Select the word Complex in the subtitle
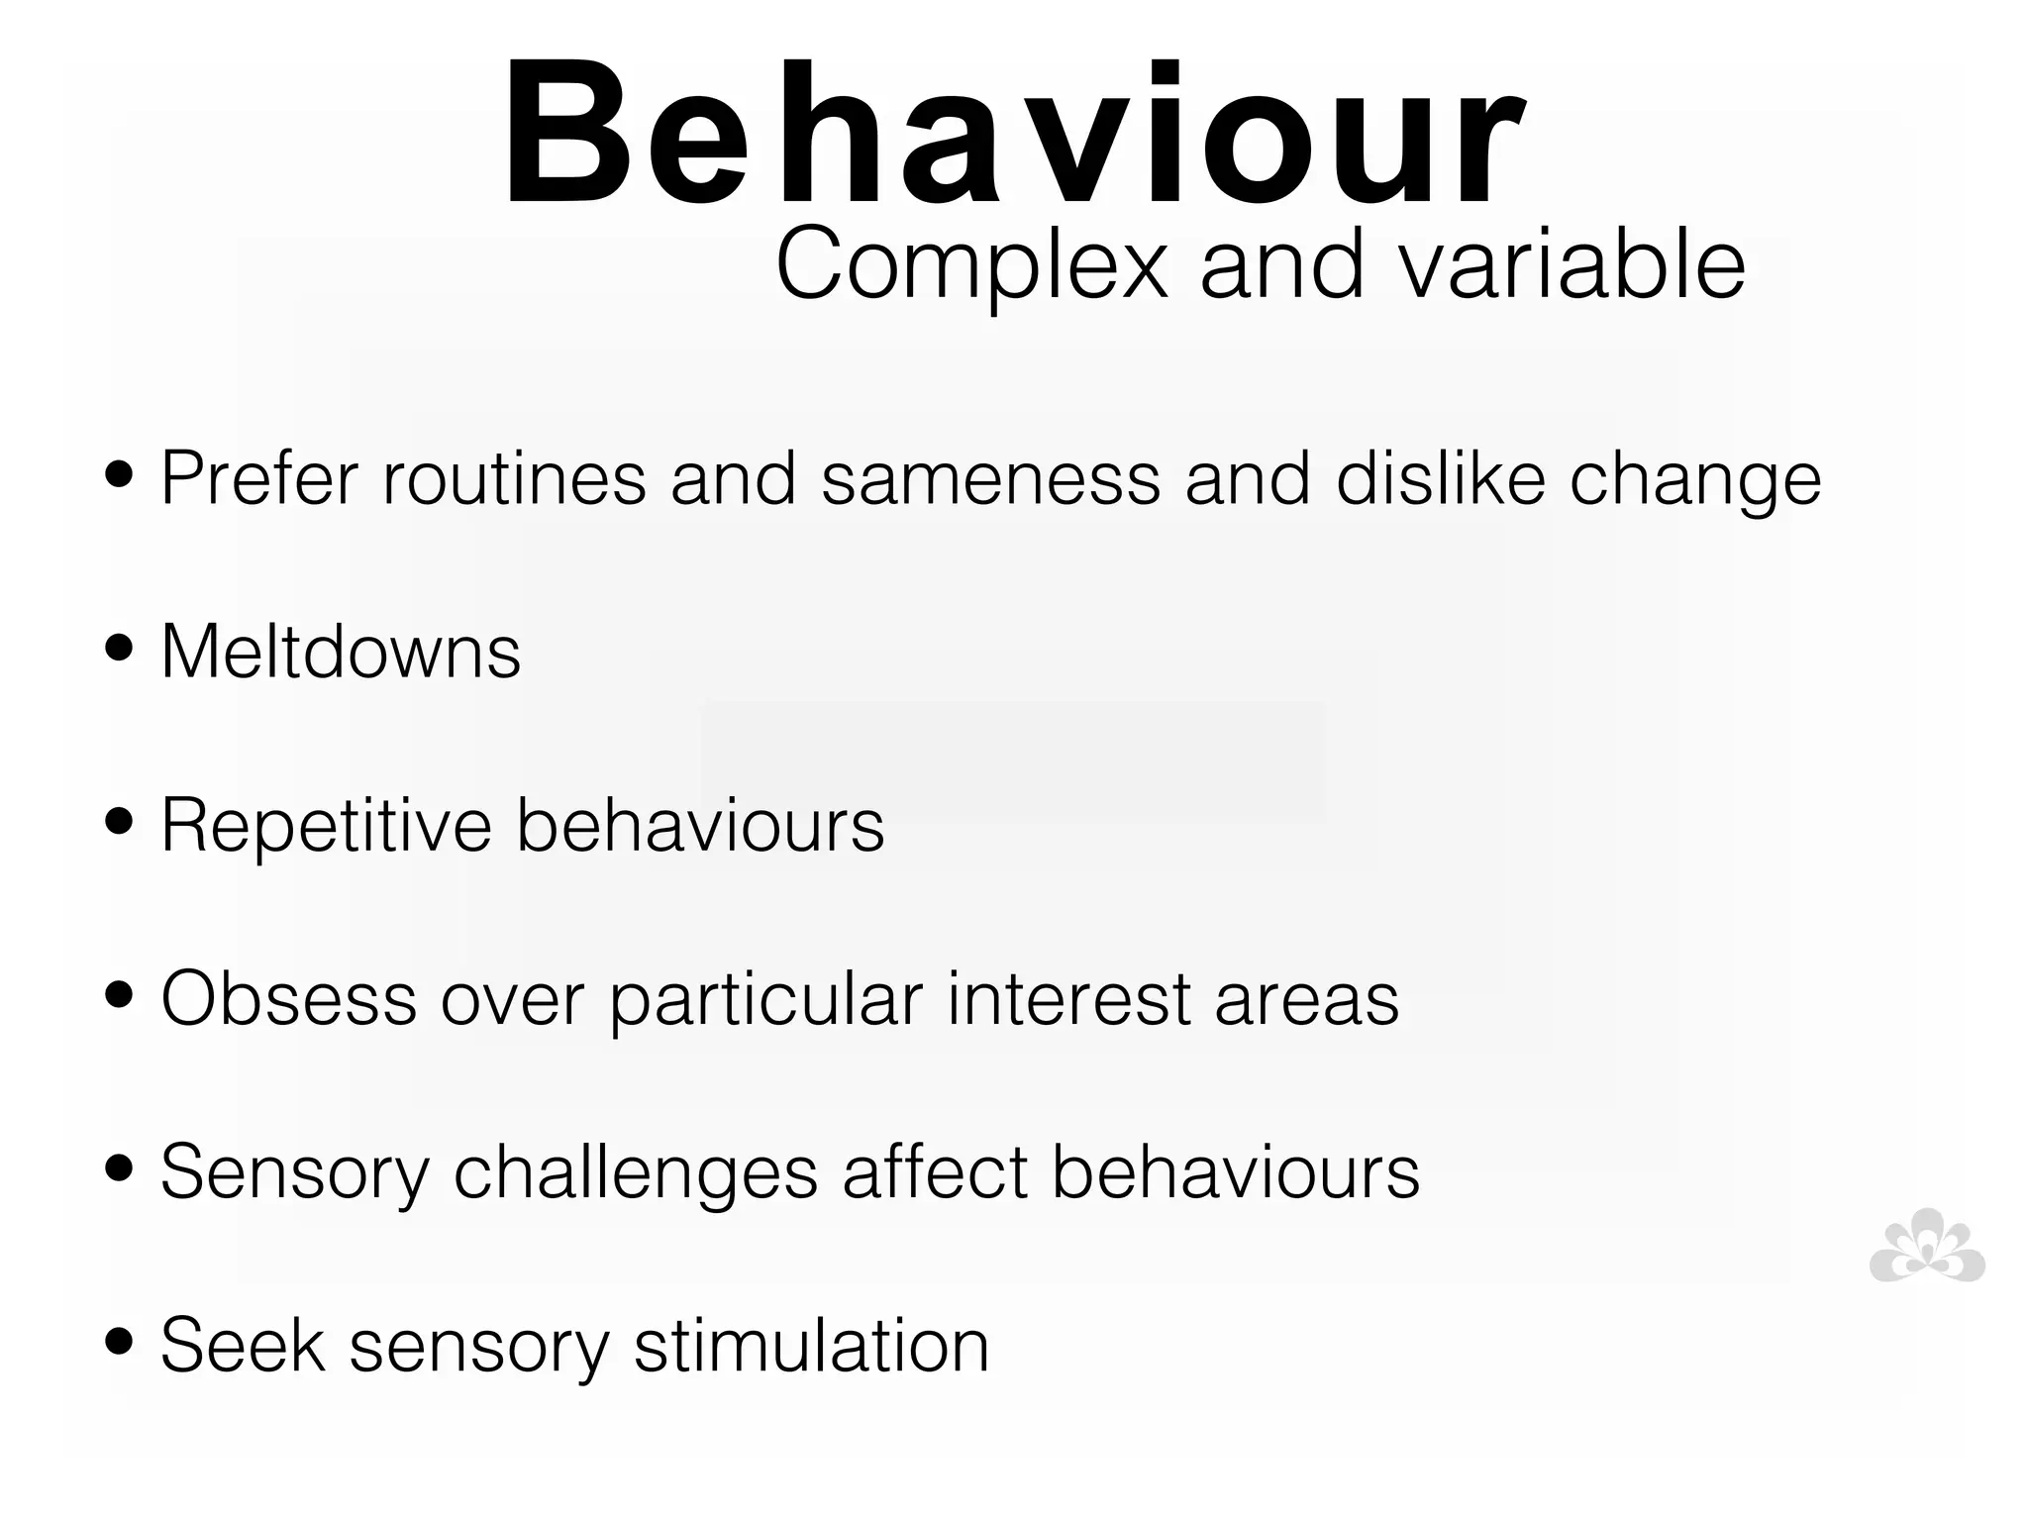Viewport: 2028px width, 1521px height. click(x=971, y=265)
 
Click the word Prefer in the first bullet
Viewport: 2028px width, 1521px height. click(x=258, y=479)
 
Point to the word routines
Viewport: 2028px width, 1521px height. click(x=514, y=479)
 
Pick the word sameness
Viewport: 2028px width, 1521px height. click(x=990, y=479)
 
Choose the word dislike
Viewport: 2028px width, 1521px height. click(x=1440, y=479)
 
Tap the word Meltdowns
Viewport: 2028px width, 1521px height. click(x=341, y=653)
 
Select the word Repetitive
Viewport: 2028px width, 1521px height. click(x=326, y=826)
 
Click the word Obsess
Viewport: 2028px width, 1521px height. click(x=288, y=999)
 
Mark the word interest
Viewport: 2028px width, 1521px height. click(x=1068, y=999)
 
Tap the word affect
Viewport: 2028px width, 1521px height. click(x=935, y=1172)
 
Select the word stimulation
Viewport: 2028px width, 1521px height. click(x=811, y=1346)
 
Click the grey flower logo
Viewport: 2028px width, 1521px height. click(x=1926, y=1247)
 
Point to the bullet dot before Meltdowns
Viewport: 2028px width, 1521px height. click(x=119, y=649)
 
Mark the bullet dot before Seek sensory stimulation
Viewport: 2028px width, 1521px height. click(x=119, y=1342)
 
